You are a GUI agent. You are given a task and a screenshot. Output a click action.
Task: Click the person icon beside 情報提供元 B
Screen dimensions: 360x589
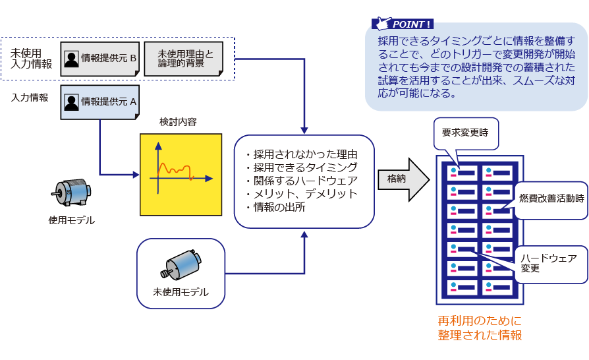pos(72,59)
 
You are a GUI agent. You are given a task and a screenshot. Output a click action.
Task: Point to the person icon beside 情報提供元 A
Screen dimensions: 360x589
pos(72,102)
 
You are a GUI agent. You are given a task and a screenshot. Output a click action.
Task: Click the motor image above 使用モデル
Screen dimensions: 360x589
pos(71,193)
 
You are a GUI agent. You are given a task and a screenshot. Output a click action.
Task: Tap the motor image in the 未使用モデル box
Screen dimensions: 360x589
pos(181,263)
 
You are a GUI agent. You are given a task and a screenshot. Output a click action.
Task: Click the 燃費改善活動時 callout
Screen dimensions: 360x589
pos(551,198)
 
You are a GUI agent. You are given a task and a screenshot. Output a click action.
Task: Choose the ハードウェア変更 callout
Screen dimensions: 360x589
pos(548,263)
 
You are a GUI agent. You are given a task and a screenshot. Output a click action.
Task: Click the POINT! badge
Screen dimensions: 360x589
pos(403,24)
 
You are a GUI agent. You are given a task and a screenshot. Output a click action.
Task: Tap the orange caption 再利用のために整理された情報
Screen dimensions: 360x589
pos(480,328)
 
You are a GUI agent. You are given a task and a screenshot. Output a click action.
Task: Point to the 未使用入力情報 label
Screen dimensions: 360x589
pos(31,58)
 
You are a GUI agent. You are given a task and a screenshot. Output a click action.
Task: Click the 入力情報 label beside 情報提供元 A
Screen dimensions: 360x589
pos(30,98)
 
